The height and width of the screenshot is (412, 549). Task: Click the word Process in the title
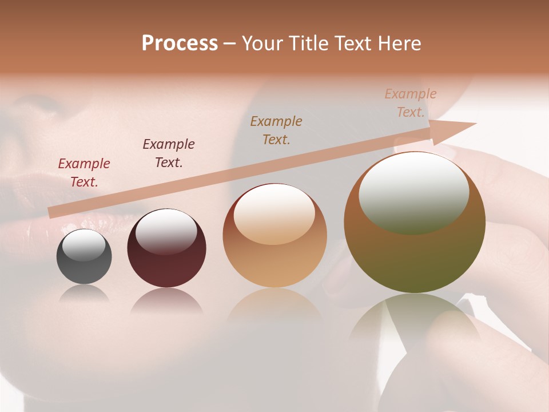[180, 43]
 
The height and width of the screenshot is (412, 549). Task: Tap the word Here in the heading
[400, 43]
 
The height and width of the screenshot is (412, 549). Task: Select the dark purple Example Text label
[169, 153]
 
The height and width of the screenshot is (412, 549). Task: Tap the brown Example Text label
[276, 130]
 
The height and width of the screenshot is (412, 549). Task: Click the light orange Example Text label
[411, 103]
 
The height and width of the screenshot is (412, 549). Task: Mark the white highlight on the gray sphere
[84, 245]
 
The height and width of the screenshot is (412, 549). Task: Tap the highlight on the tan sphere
[274, 213]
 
